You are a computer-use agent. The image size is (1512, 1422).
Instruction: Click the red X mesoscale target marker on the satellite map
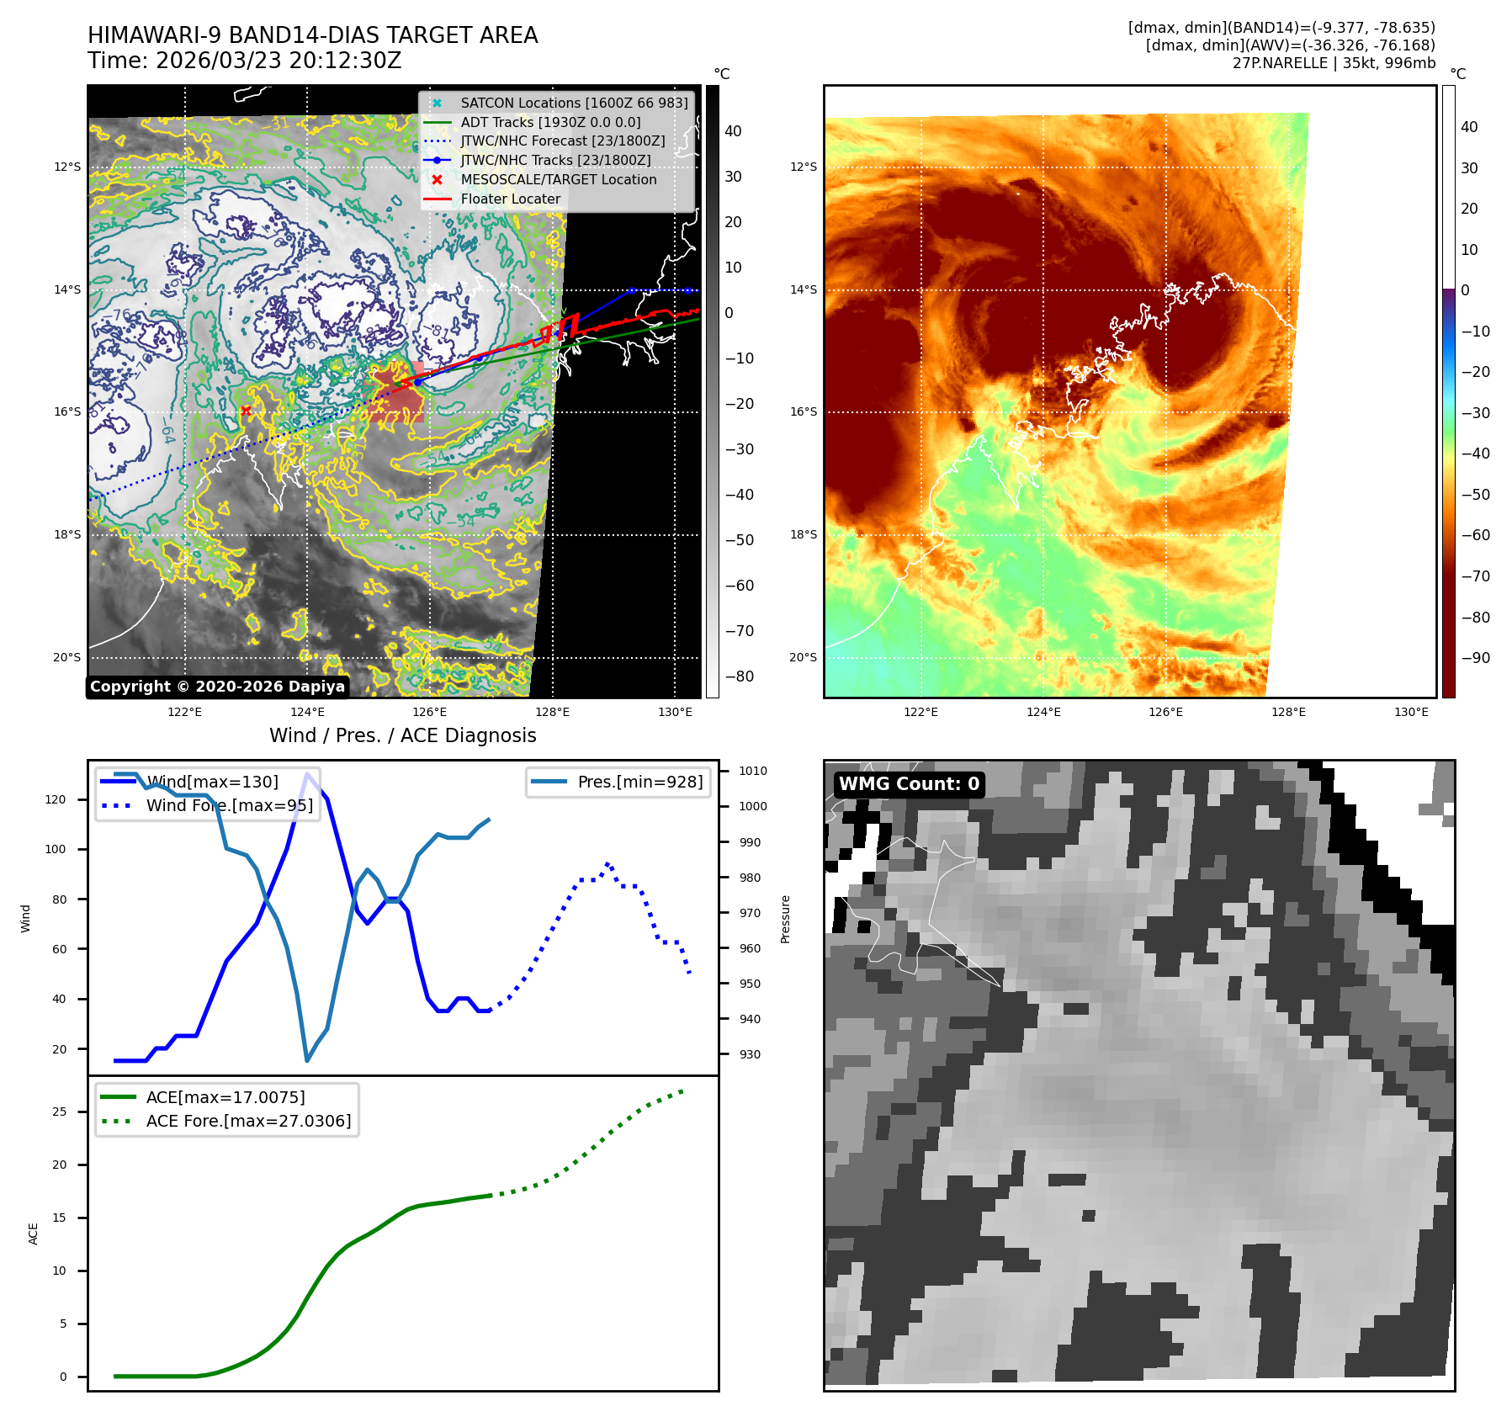coord(246,411)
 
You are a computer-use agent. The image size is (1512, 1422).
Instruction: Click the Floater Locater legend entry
coord(510,199)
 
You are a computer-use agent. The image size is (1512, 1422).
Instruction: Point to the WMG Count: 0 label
coord(909,784)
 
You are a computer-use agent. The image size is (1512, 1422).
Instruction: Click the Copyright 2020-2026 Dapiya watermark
coord(217,687)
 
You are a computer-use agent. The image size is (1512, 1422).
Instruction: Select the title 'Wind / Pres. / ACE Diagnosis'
coord(402,735)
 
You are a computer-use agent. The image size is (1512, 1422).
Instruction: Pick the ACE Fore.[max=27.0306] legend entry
coord(248,1121)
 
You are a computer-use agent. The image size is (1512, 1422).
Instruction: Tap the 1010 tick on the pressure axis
coord(753,771)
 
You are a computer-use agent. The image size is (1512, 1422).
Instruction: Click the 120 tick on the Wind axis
coord(56,799)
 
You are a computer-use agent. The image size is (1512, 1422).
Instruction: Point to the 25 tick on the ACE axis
coord(59,1112)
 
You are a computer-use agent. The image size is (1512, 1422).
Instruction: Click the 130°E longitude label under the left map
coord(675,712)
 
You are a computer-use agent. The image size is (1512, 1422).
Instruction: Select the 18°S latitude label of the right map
coord(803,534)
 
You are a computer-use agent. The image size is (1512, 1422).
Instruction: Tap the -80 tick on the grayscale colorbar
coord(740,677)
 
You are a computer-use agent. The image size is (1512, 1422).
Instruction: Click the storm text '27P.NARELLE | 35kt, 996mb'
coord(1334,63)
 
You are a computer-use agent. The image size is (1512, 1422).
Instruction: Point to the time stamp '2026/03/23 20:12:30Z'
coord(279,61)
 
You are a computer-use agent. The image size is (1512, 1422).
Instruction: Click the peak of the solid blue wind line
coord(308,773)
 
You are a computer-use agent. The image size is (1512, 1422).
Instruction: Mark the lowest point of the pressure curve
coord(307,1060)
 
